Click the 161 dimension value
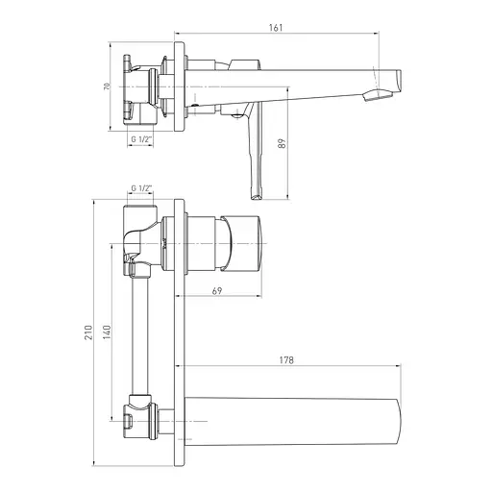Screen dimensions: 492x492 (276, 28)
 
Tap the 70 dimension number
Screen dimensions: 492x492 (107, 86)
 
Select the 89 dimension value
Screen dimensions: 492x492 (282, 143)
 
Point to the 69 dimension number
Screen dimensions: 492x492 (217, 291)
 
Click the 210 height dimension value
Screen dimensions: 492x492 (88, 332)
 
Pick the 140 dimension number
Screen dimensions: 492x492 (107, 332)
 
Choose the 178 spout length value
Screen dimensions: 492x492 (286, 360)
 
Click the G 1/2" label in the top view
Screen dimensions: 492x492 (141, 139)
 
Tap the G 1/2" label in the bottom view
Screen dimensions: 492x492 (141, 188)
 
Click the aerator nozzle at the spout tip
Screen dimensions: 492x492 (378, 95)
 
